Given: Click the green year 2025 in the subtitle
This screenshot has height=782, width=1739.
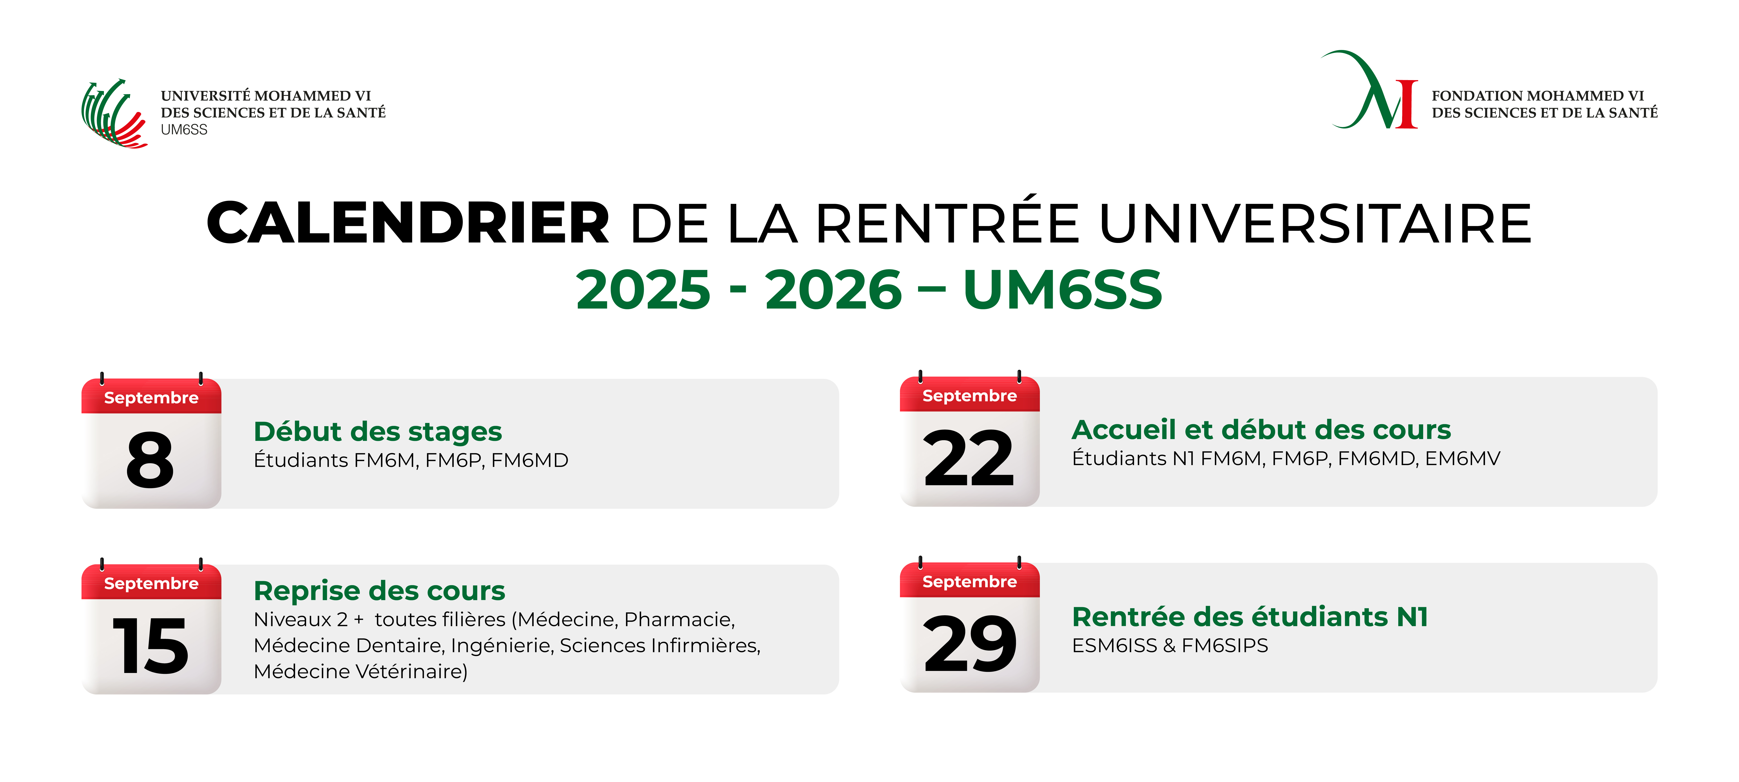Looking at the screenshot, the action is [643, 290].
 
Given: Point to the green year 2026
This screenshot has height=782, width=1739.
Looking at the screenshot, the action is [834, 290].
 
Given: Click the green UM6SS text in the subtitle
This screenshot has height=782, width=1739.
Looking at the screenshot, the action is [1063, 290].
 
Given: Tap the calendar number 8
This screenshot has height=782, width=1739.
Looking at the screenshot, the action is [150, 460].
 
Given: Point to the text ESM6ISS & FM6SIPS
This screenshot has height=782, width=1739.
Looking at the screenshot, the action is [1170, 646].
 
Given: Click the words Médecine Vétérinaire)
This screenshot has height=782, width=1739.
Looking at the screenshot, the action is [360, 671].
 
